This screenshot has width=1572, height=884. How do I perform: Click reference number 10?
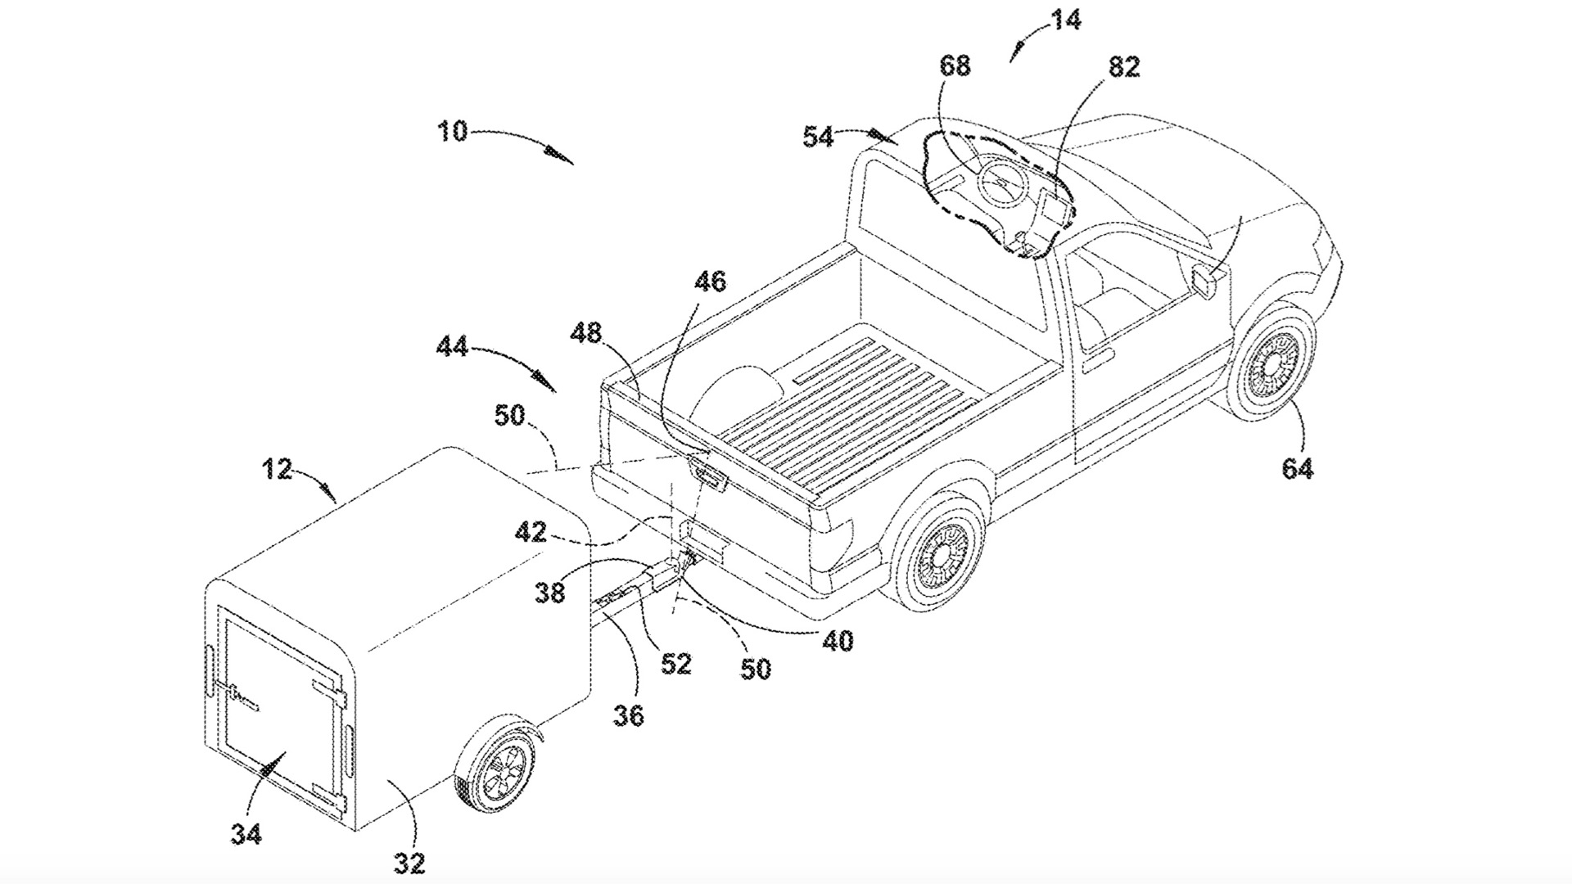[x=452, y=131]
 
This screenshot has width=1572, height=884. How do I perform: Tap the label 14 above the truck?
[x=1065, y=20]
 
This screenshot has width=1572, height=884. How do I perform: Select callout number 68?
[x=955, y=65]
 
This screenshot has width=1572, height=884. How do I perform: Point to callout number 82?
[x=1124, y=67]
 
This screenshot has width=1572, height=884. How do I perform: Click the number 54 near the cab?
[x=818, y=138]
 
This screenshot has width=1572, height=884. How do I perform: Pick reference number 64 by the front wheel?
[x=1298, y=469]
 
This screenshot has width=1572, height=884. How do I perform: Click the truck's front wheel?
[x=1268, y=364]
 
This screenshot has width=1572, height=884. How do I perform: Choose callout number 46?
[x=710, y=282]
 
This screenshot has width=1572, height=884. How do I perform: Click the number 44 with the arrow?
[x=451, y=347]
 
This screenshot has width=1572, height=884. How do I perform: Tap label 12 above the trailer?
[x=278, y=469]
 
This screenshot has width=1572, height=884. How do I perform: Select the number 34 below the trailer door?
[x=246, y=834]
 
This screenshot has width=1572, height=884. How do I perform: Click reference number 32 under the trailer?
[x=409, y=862]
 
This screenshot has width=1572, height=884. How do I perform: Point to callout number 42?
[x=531, y=532]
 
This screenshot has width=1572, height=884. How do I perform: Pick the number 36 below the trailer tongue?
[x=628, y=716]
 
